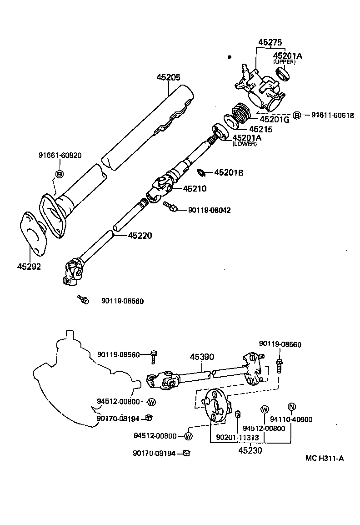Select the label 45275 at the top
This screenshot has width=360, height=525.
(271, 42)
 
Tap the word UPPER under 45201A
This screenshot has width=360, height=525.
(284, 61)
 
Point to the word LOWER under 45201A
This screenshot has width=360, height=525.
(245, 144)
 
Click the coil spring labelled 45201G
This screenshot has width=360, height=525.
(242, 114)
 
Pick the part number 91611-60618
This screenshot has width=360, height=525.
(332, 115)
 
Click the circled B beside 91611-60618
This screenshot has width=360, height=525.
(296, 115)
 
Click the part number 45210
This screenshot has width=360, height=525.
(195, 188)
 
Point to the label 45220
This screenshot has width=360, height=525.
(140, 236)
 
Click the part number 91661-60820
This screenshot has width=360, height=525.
(60, 155)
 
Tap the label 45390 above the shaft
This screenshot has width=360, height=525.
(202, 357)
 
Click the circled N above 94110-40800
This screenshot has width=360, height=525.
(291, 407)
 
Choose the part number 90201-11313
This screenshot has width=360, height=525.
(237, 437)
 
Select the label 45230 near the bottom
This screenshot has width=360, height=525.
(250, 450)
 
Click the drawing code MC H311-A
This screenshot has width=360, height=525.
(324, 458)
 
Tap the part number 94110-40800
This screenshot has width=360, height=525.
(291, 419)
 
